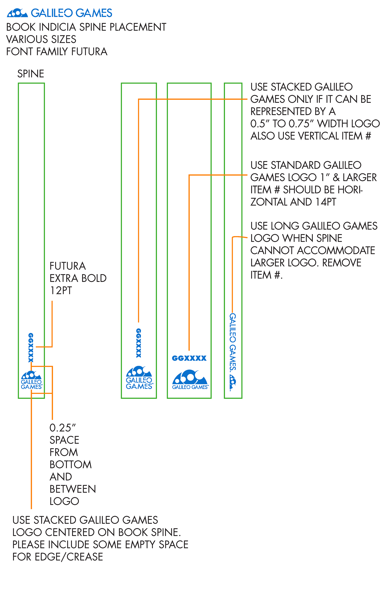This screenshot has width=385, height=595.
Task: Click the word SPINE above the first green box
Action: point(30,74)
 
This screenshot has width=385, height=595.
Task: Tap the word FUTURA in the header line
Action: point(89,52)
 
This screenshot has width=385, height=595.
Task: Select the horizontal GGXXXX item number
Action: point(189,358)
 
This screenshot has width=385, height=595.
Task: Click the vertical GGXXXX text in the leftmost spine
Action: point(31,348)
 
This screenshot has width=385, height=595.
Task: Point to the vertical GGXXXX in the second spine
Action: point(139,343)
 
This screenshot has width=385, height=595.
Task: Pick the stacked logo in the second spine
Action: point(139,377)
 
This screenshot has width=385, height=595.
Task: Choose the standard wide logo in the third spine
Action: point(190,379)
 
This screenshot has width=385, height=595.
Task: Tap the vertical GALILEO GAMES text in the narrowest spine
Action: point(233,342)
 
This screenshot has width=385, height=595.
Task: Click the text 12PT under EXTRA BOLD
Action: point(61,291)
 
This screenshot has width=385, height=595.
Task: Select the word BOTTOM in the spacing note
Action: point(71,464)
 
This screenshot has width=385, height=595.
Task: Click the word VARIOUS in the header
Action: point(23,40)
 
